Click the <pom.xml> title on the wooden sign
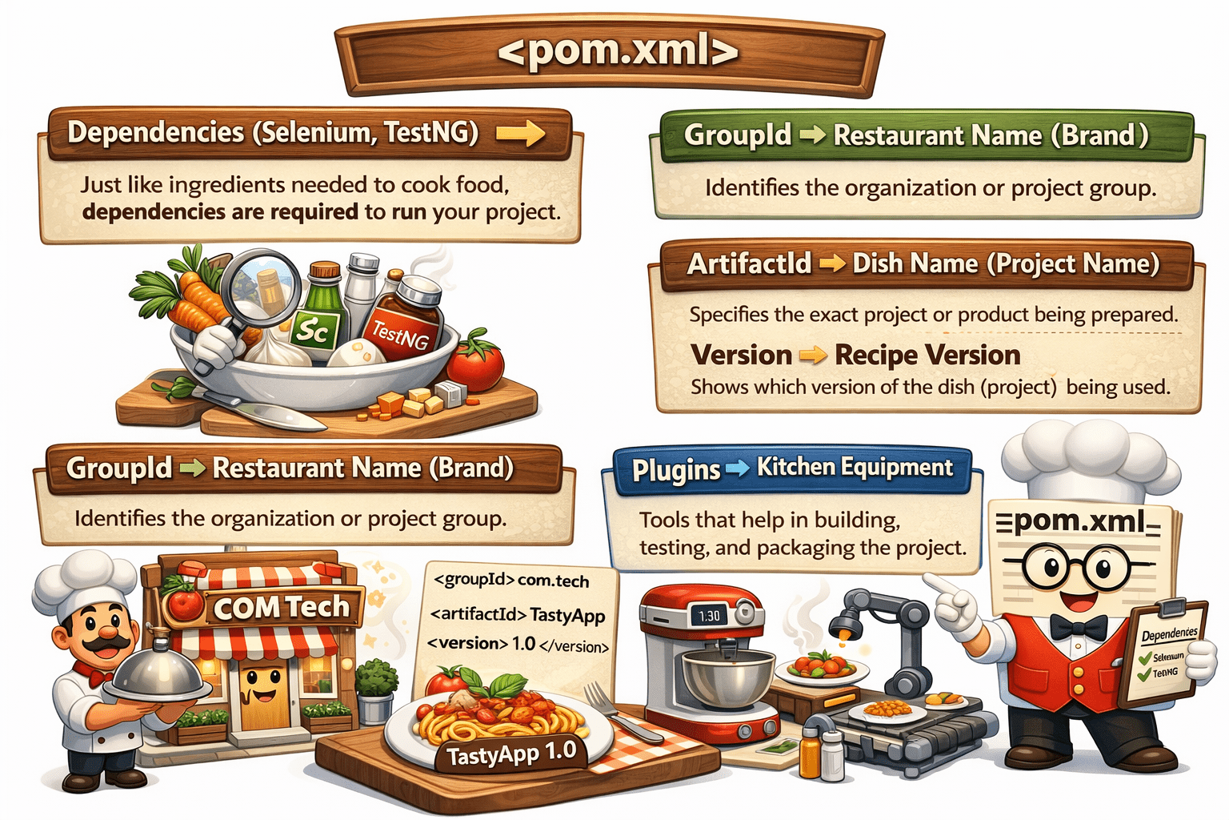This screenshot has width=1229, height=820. [x=616, y=52]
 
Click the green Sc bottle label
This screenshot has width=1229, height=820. [x=314, y=329]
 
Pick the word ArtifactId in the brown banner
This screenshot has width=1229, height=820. [x=749, y=263]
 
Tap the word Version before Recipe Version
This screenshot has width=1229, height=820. [x=741, y=355]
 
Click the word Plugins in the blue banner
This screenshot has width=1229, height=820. [x=676, y=470]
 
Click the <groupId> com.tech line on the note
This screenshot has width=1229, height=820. [x=511, y=580]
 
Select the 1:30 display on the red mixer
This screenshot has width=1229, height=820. [x=709, y=615]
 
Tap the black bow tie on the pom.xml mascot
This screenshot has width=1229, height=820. [x=1078, y=627]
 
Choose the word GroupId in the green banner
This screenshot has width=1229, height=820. [x=737, y=135]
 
